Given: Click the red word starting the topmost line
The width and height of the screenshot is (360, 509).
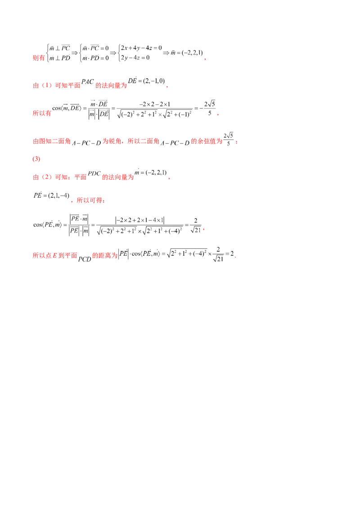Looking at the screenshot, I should click(39, 58).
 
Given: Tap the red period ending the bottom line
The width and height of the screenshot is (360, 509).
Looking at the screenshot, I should click(236, 256).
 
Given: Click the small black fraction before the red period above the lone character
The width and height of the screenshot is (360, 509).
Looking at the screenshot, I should click(229, 140).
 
